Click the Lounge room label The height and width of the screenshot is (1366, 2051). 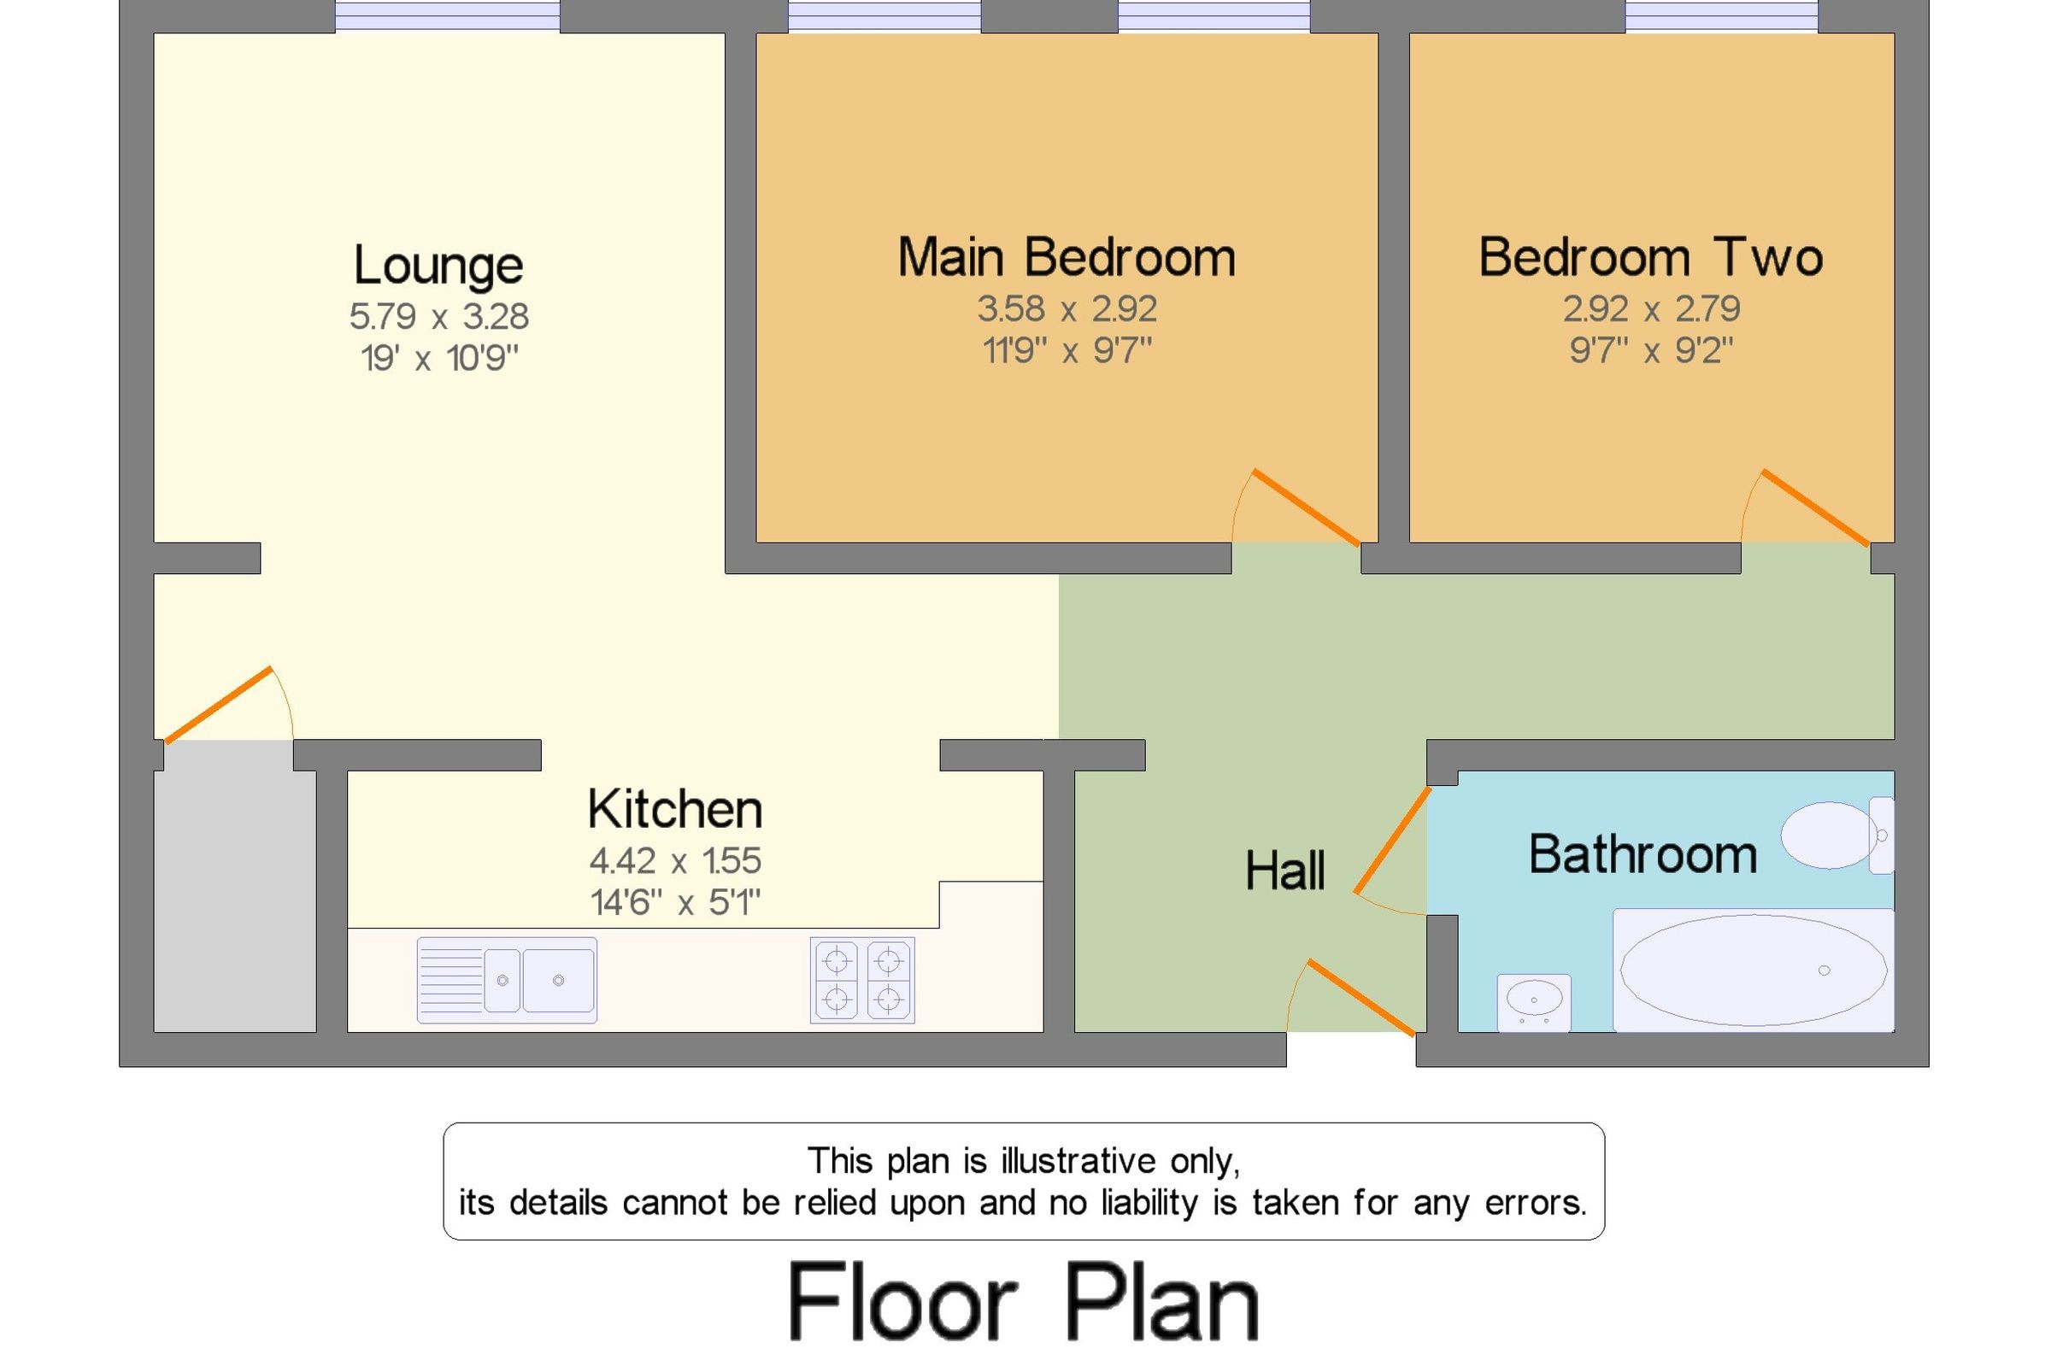(x=438, y=265)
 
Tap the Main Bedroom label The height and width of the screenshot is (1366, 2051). (x=1067, y=258)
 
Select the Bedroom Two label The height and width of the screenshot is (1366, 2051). (x=1650, y=258)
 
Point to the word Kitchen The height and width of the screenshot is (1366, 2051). (x=675, y=809)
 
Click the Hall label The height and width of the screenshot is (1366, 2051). (x=1285, y=871)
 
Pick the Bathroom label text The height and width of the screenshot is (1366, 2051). (x=1643, y=854)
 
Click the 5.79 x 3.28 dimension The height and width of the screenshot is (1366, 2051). (x=439, y=316)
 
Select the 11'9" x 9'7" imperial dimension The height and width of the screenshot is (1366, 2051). (x=1067, y=351)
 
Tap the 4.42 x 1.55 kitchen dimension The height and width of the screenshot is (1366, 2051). (x=675, y=861)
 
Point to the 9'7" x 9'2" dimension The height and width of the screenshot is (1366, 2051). (x=1651, y=351)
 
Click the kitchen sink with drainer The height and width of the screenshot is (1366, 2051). (x=507, y=980)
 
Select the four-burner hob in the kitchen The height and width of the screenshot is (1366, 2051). (x=861, y=980)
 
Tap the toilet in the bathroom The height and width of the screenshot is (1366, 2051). (x=1836, y=835)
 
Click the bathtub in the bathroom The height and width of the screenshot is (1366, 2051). (x=1752, y=970)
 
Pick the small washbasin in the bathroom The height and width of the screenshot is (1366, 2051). (x=1533, y=1001)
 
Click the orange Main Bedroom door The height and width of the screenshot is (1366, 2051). (x=1305, y=507)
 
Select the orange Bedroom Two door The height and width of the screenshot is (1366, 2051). (x=1815, y=507)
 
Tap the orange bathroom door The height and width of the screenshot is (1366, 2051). (x=1391, y=841)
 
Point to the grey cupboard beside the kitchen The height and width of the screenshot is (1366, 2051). (x=234, y=886)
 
